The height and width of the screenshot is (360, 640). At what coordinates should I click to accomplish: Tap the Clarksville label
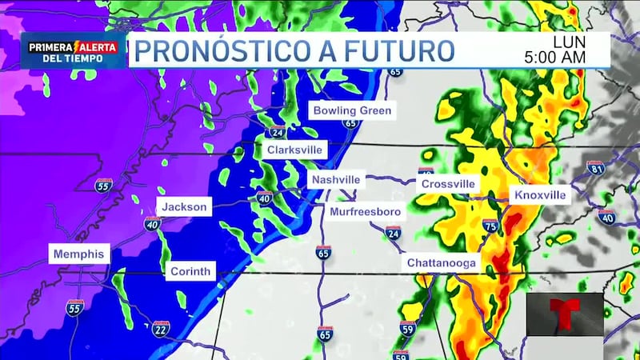coord(294,150)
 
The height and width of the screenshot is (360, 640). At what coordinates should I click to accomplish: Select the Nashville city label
coord(336,179)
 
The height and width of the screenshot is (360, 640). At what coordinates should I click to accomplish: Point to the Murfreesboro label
coord(366,211)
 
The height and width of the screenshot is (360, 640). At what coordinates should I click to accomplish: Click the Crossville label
coord(448,183)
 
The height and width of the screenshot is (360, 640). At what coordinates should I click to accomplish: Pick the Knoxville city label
coord(539,195)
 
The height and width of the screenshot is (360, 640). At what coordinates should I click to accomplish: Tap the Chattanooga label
coord(442,262)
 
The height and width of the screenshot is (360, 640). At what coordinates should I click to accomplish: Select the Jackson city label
coord(185,206)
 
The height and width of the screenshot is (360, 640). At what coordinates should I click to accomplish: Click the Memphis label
coord(78,254)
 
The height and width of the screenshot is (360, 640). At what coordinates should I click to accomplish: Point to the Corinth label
coord(190,272)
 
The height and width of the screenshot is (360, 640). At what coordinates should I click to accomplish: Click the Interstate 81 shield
coord(594,167)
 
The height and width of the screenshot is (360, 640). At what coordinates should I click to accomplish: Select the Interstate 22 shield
coord(160,327)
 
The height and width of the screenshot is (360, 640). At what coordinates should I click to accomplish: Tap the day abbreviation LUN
coord(569,42)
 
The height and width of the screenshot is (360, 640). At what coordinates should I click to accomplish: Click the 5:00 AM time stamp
coord(555,58)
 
